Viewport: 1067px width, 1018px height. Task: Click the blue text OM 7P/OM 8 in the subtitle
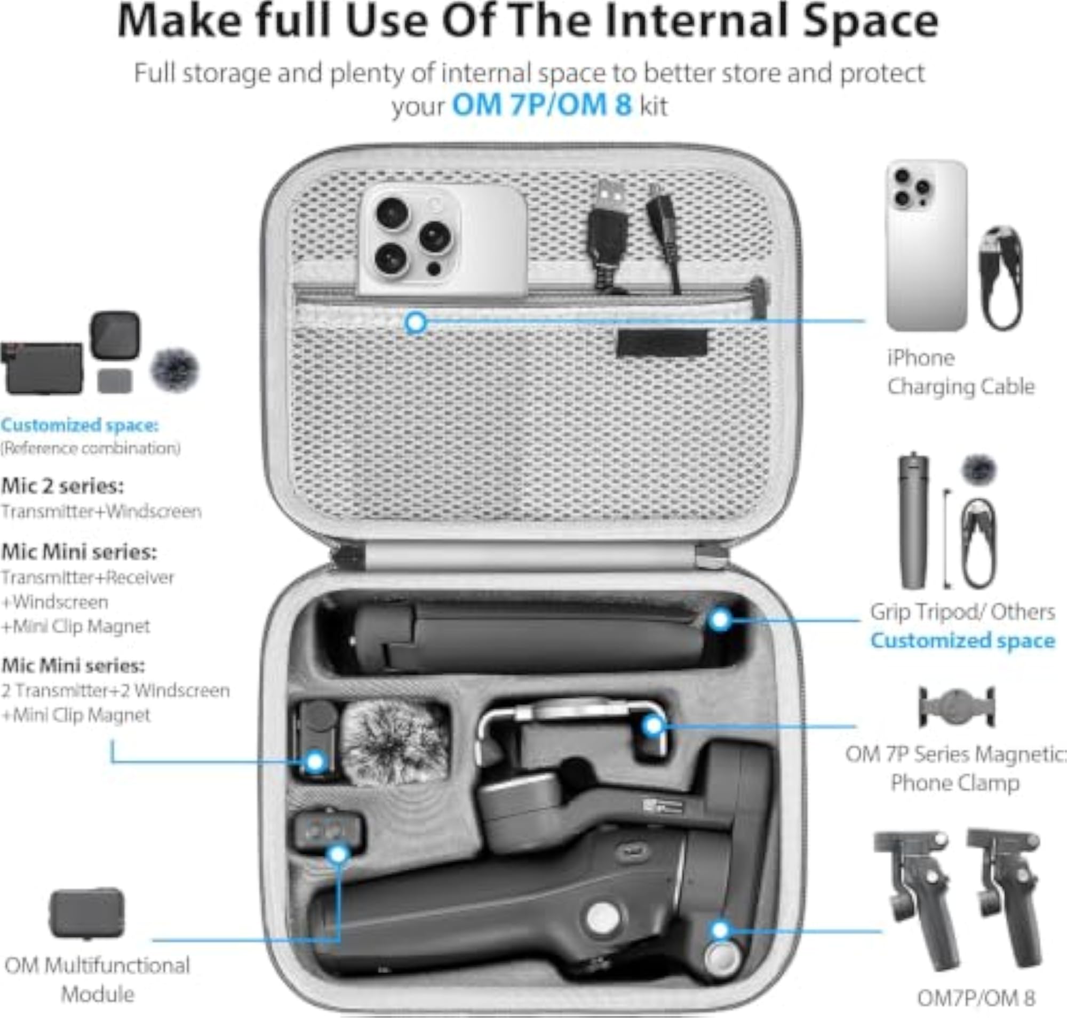[x=542, y=105]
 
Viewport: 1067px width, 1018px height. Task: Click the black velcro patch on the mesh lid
[x=662, y=343]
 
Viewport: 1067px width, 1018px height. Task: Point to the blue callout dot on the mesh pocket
[x=416, y=323]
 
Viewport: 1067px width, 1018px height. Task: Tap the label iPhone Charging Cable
[x=961, y=372]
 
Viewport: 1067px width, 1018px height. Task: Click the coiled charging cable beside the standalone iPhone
[x=1001, y=278]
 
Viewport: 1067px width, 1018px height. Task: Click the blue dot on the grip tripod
[x=720, y=619]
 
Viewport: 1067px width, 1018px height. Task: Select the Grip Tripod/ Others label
[x=962, y=611]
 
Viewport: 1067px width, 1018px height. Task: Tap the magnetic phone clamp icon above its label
[x=956, y=706]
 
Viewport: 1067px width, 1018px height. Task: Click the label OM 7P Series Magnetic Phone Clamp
[x=955, y=768]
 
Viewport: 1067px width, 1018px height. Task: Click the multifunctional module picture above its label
[x=87, y=913]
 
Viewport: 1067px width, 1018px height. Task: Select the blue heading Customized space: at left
[x=80, y=425]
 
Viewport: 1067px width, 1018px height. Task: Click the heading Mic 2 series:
[x=62, y=486]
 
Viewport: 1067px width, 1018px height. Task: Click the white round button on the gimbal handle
[x=603, y=918]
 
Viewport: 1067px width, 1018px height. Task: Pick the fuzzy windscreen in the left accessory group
[x=175, y=370]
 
